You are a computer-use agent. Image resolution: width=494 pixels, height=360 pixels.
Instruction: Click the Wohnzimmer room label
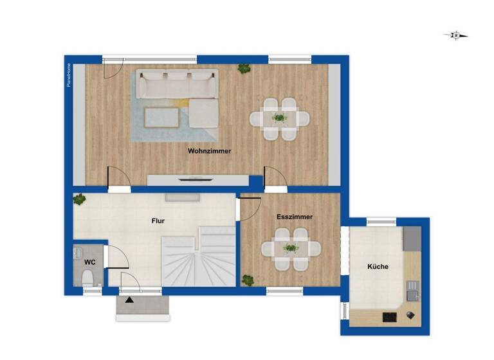[x=209, y=151]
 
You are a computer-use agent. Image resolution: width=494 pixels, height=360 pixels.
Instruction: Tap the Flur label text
[x=158, y=221]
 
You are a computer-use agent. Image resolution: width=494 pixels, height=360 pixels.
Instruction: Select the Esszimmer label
[x=295, y=217]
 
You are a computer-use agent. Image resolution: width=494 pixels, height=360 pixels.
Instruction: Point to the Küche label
[x=378, y=266]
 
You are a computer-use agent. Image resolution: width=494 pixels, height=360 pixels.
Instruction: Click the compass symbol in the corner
[x=456, y=35]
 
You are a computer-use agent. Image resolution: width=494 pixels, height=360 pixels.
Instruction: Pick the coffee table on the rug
[x=161, y=117]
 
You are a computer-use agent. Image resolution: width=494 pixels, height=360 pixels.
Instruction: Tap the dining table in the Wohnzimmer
[x=279, y=118]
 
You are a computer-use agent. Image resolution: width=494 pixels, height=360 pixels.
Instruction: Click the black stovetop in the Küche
[x=389, y=316]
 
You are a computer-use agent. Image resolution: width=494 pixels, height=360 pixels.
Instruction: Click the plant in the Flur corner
[x=79, y=199]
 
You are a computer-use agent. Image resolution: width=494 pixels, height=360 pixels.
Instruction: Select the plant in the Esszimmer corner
[x=248, y=280]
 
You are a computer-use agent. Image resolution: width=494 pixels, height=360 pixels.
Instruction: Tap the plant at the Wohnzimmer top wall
[x=244, y=67]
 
